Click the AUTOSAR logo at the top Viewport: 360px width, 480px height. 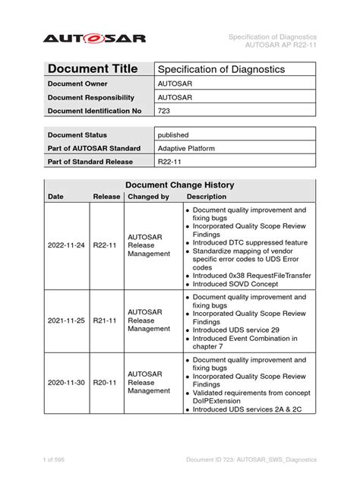(93, 38)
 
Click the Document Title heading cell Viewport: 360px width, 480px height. (93, 68)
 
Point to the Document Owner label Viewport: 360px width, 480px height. (77, 84)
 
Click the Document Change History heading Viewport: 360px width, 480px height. (179, 185)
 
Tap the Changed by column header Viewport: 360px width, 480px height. (148, 197)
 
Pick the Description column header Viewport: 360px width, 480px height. (207, 197)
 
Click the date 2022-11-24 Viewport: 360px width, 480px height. (68, 245)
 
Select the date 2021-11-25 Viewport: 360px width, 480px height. (68, 321)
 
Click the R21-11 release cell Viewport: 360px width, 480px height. (105, 321)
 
